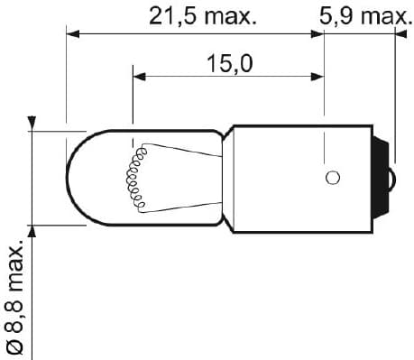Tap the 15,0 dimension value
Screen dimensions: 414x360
(x=230, y=63)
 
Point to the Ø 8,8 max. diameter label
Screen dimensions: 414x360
(x=15, y=297)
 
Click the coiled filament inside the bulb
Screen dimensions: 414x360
(x=135, y=178)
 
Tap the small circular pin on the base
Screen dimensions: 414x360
(x=333, y=178)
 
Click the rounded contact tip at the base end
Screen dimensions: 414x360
(x=393, y=179)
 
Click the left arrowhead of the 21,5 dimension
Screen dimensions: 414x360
(x=72, y=34)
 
